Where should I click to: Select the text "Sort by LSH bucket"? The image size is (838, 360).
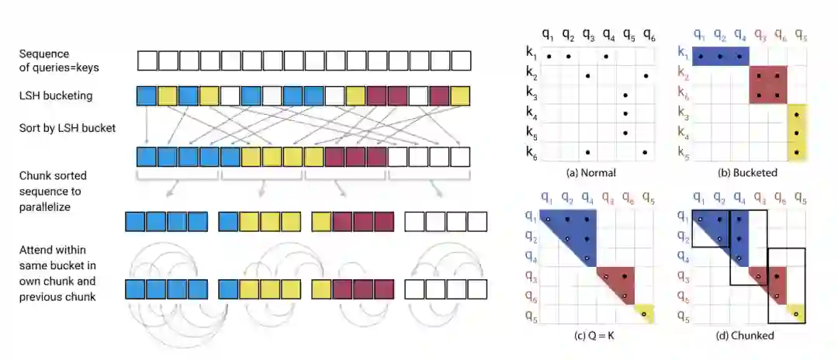(68, 127)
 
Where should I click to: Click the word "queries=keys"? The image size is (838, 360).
(60, 67)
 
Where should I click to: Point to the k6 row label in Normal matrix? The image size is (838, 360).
(531, 153)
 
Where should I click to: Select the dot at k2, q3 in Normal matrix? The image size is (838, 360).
(587, 75)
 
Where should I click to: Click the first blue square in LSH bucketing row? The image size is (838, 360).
(146, 95)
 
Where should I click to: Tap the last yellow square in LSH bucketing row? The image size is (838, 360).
(460, 95)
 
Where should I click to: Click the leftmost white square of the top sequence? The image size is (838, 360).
(146, 60)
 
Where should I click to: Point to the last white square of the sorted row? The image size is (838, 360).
(460, 156)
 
